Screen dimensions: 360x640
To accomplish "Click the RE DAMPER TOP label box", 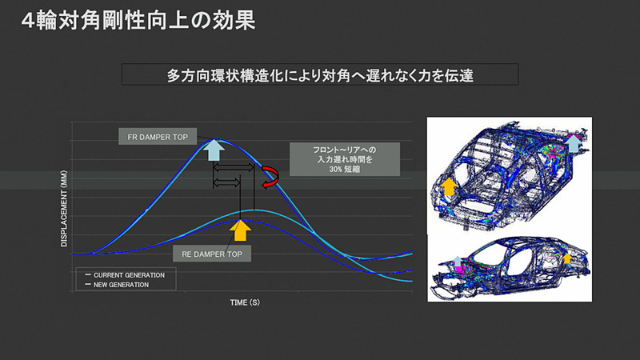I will pyautogui.click(x=211, y=253).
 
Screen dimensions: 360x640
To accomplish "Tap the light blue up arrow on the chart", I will pyautogui.click(x=214, y=150).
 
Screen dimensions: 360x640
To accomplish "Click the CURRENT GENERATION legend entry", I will pyautogui.click(x=125, y=274).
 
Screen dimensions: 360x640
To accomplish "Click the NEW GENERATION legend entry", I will pyautogui.click(x=120, y=284).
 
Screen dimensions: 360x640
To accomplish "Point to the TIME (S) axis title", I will pyautogui.click(x=244, y=303).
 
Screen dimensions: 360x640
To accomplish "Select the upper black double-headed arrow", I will pyautogui.click(x=234, y=168).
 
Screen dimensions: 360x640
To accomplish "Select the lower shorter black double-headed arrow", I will pyautogui.click(x=226, y=182).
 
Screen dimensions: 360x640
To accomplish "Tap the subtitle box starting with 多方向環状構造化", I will pyautogui.click(x=320, y=76).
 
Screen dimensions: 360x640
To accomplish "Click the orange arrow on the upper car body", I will pyautogui.click(x=450, y=188).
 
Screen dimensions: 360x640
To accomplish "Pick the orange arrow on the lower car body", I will pyautogui.click(x=566, y=258).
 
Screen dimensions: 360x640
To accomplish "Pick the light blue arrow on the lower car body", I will pyautogui.click(x=457, y=261).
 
